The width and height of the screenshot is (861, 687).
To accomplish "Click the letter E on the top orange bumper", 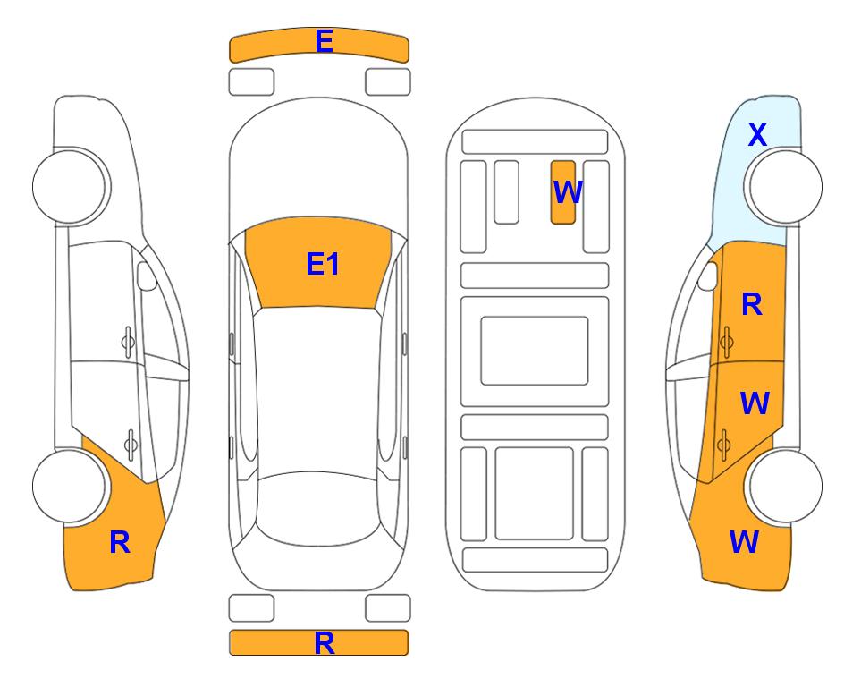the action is pyautogui.click(x=324, y=41).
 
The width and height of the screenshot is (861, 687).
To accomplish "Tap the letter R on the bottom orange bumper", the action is pyautogui.click(x=324, y=643).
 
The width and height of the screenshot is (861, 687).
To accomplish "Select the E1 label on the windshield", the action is pyautogui.click(x=323, y=264).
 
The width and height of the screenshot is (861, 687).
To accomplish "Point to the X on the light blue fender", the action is pyautogui.click(x=757, y=135).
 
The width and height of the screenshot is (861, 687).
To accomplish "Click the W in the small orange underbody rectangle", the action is pyautogui.click(x=567, y=192).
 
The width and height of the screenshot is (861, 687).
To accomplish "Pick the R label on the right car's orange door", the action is pyautogui.click(x=752, y=304).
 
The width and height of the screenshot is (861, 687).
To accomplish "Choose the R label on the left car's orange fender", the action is pyautogui.click(x=120, y=543).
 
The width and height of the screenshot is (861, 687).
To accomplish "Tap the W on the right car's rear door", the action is pyautogui.click(x=755, y=403).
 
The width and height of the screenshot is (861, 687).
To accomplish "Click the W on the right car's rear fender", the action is pyautogui.click(x=744, y=542).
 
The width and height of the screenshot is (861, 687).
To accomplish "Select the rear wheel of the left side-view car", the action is pyautogui.click(x=69, y=486).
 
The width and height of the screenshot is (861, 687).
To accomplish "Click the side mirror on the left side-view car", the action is pyautogui.click(x=146, y=276).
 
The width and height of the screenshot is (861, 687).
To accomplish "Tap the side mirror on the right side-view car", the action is pyautogui.click(x=708, y=276).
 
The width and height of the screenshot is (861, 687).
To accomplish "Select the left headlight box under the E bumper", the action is pyautogui.click(x=251, y=82).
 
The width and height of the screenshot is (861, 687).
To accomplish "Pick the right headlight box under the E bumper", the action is pyautogui.click(x=388, y=82).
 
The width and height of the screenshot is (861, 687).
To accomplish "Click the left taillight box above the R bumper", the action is pyautogui.click(x=251, y=608).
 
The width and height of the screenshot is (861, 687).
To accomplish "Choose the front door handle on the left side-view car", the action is pyautogui.click(x=128, y=343).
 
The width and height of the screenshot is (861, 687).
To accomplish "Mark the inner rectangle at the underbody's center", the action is pyautogui.click(x=535, y=351).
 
